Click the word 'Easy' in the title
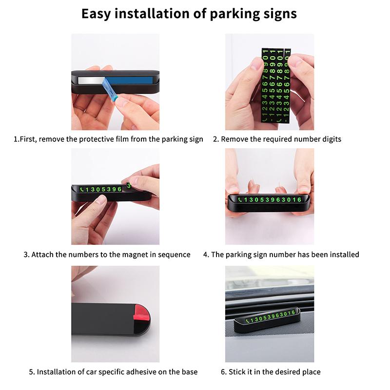[96, 14]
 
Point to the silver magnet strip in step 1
[91, 80]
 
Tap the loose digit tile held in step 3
[129, 186]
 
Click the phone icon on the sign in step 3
[82, 190]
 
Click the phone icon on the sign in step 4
[240, 200]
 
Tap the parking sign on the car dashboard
[267, 319]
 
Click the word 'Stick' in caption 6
[237, 372]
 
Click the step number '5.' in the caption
[32, 372]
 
